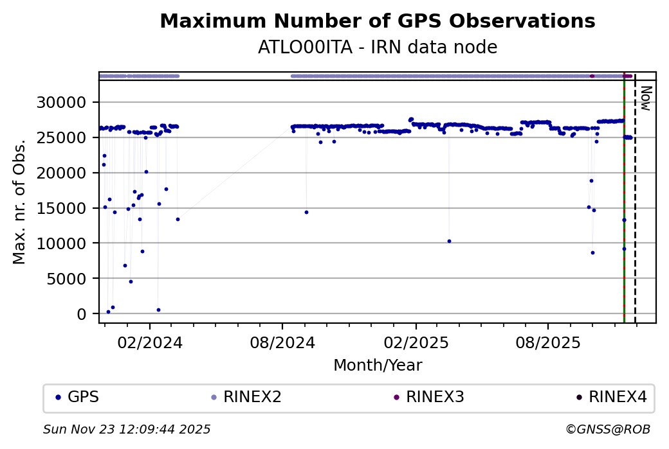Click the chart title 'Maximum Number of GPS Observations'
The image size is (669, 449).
point(377,21)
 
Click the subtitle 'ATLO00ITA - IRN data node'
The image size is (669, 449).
point(377,48)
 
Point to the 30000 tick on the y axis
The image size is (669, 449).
point(67,103)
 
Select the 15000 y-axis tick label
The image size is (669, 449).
point(67,208)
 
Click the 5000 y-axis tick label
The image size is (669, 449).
point(72,279)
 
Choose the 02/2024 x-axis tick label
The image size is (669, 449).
point(149,342)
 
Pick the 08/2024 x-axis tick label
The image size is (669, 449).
point(282,342)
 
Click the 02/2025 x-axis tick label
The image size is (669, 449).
point(415,342)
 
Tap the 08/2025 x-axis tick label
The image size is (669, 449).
point(547,342)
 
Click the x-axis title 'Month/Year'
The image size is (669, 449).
point(378,365)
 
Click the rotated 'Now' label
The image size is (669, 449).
point(646,98)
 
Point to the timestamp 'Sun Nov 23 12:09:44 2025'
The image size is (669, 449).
point(127,429)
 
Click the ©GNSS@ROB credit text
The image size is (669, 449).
point(607,429)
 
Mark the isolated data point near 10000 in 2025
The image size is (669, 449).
point(449,241)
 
